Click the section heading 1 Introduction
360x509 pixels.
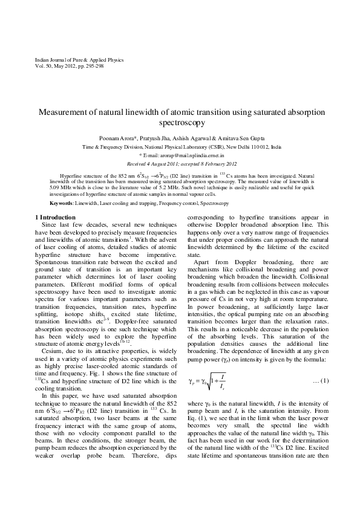pyautogui.click(x=53, y=216)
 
